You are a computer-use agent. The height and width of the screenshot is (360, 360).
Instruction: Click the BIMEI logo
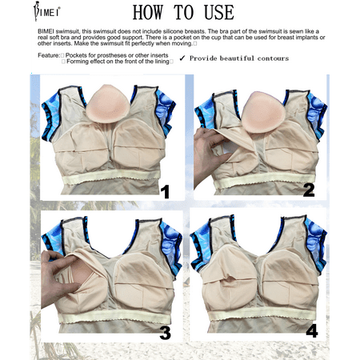point(46,11)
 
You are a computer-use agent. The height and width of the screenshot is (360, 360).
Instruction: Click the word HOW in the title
point(148,12)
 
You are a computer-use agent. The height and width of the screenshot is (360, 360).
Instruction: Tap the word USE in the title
point(219,12)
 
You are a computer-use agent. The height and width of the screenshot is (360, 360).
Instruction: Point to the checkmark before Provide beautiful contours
point(182,58)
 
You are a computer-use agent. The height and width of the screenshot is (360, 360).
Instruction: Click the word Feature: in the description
point(49,55)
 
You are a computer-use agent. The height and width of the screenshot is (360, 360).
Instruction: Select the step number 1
point(166,191)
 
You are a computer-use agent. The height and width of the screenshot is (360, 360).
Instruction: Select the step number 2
point(309,190)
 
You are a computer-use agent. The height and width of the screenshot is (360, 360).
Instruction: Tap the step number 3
point(166,333)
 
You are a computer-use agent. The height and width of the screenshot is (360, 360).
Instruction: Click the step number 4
point(312,330)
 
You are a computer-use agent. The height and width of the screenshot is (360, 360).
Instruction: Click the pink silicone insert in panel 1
point(107,103)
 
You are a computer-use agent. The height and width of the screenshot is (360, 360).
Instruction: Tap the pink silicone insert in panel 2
point(262,112)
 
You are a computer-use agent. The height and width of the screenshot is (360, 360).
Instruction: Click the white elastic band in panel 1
point(111,176)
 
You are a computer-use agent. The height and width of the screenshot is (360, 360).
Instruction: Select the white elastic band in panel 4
point(262,314)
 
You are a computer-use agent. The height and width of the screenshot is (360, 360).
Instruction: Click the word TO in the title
point(183,12)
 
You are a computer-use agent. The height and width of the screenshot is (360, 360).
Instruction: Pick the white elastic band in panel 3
point(114,317)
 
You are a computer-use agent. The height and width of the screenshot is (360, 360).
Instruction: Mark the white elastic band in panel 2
point(265,179)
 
